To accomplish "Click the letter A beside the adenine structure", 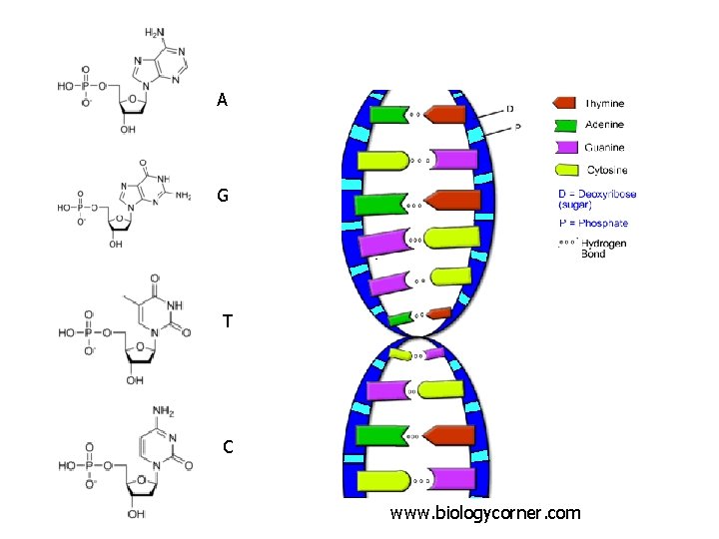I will click(222, 100).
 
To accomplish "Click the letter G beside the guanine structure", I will click(223, 196).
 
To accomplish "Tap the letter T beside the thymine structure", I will click(229, 321).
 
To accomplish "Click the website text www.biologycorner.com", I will click(485, 513).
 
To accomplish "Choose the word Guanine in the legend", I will click(604, 148).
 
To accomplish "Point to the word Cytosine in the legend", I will click(607, 171).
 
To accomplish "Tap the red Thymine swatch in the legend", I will click(565, 103).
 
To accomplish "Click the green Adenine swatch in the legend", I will click(565, 125).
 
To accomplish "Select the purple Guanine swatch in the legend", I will click(565, 148).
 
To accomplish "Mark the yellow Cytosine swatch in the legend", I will click(565, 171).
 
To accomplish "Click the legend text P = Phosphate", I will click(592, 223).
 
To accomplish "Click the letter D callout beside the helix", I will click(511, 108).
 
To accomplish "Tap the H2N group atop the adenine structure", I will click(157, 34).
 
